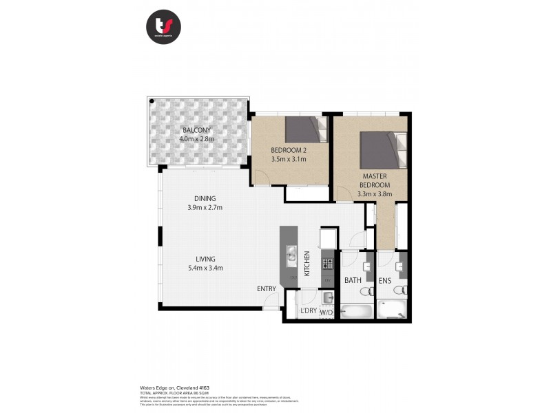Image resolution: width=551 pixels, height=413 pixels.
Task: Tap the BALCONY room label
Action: (196, 130)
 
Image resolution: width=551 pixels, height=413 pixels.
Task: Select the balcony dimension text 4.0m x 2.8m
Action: (197, 139)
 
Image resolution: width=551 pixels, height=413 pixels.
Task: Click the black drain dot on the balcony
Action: (152, 101)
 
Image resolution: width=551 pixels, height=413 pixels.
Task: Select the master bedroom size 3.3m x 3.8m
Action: (376, 194)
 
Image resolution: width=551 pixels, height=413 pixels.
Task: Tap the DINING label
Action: (205, 198)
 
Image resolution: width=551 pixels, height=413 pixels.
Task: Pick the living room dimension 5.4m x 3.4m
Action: (205, 268)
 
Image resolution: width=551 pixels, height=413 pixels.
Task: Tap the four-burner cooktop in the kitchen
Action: (326, 264)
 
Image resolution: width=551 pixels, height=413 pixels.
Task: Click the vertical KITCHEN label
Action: (307, 264)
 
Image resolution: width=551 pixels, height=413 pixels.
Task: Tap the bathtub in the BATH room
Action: (356, 310)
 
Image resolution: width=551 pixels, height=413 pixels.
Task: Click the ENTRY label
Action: (267, 289)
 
